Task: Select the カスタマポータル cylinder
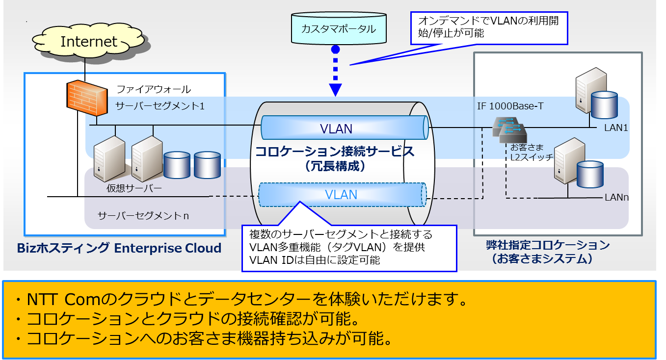click(x=339, y=29)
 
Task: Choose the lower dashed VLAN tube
click(x=342, y=195)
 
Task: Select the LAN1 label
click(x=616, y=128)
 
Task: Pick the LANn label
click(x=616, y=198)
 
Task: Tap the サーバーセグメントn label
click(x=143, y=216)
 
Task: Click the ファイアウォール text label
click(x=153, y=89)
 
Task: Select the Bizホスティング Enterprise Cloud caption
click(x=119, y=248)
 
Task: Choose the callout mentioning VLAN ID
click(x=349, y=247)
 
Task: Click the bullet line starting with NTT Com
click(x=245, y=299)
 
